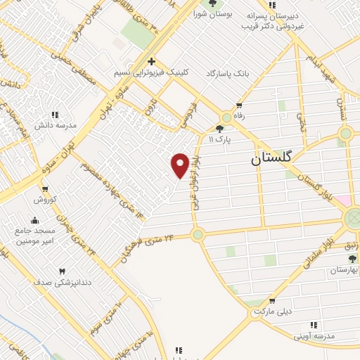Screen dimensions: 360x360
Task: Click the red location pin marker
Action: tap(180, 165)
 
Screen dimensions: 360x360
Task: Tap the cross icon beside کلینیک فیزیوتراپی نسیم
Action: tap(151, 61)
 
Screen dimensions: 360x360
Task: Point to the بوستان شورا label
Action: tap(213, 14)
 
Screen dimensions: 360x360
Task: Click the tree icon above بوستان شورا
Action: tap(213, 4)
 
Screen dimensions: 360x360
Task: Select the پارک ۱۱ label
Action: tap(220, 139)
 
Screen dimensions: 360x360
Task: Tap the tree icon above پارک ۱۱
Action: tap(220, 129)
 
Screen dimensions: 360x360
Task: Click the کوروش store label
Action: tap(44, 200)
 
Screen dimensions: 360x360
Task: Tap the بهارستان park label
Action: tap(344, 269)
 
